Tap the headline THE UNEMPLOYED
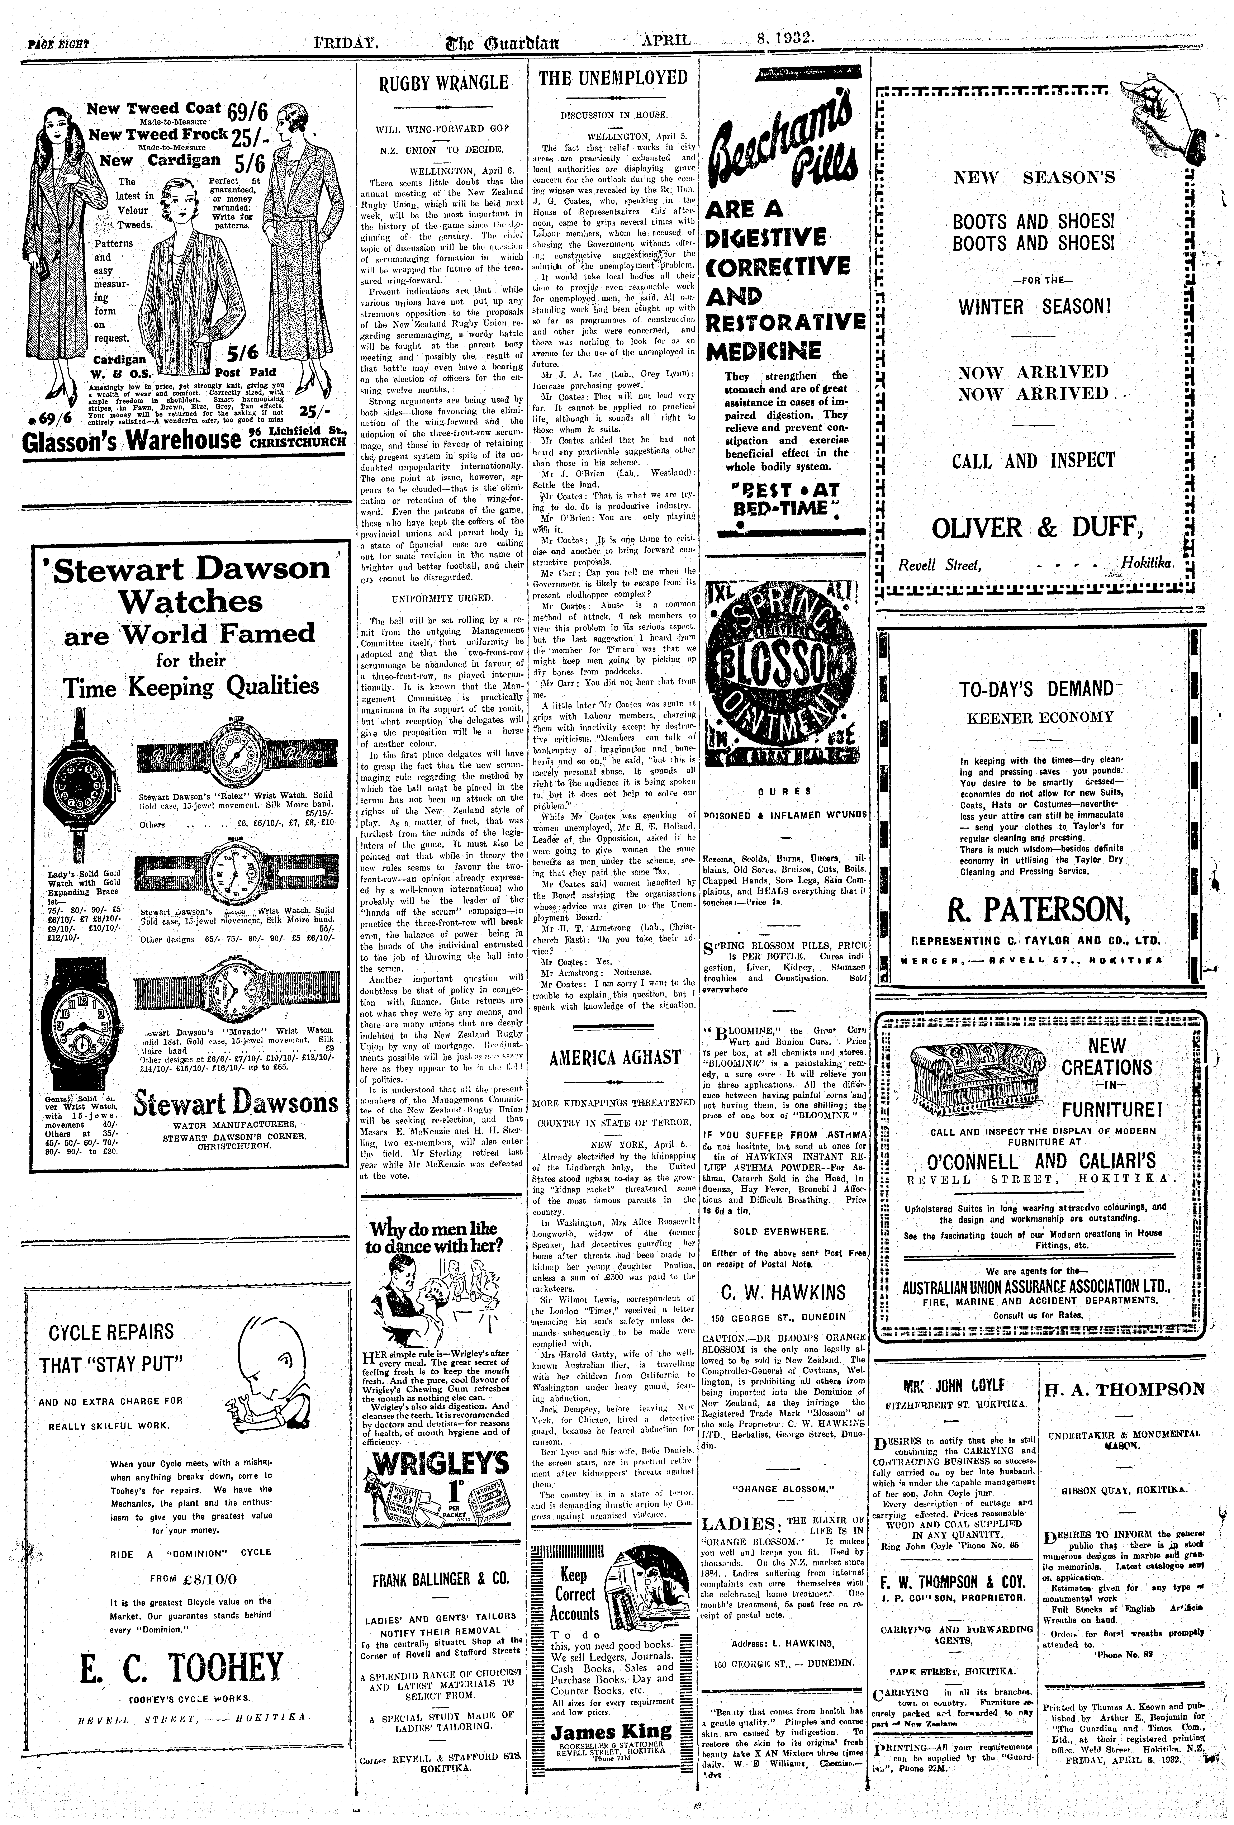613,78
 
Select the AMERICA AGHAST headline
614,1057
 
